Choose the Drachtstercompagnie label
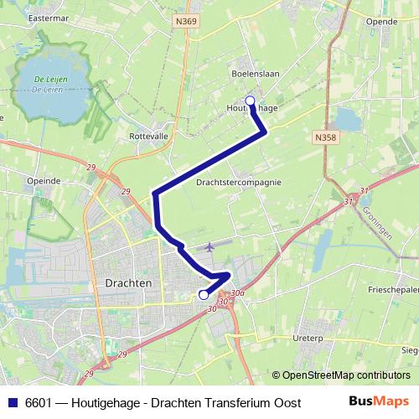pyautogui.click(x=238, y=181)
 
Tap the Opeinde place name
pyautogui.click(x=44, y=180)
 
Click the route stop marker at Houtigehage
pyautogui.click(x=249, y=101)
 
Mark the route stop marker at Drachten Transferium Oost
pyautogui.click(x=203, y=294)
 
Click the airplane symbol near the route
pyautogui.click(x=208, y=247)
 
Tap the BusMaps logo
pyautogui.click(x=380, y=401)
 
